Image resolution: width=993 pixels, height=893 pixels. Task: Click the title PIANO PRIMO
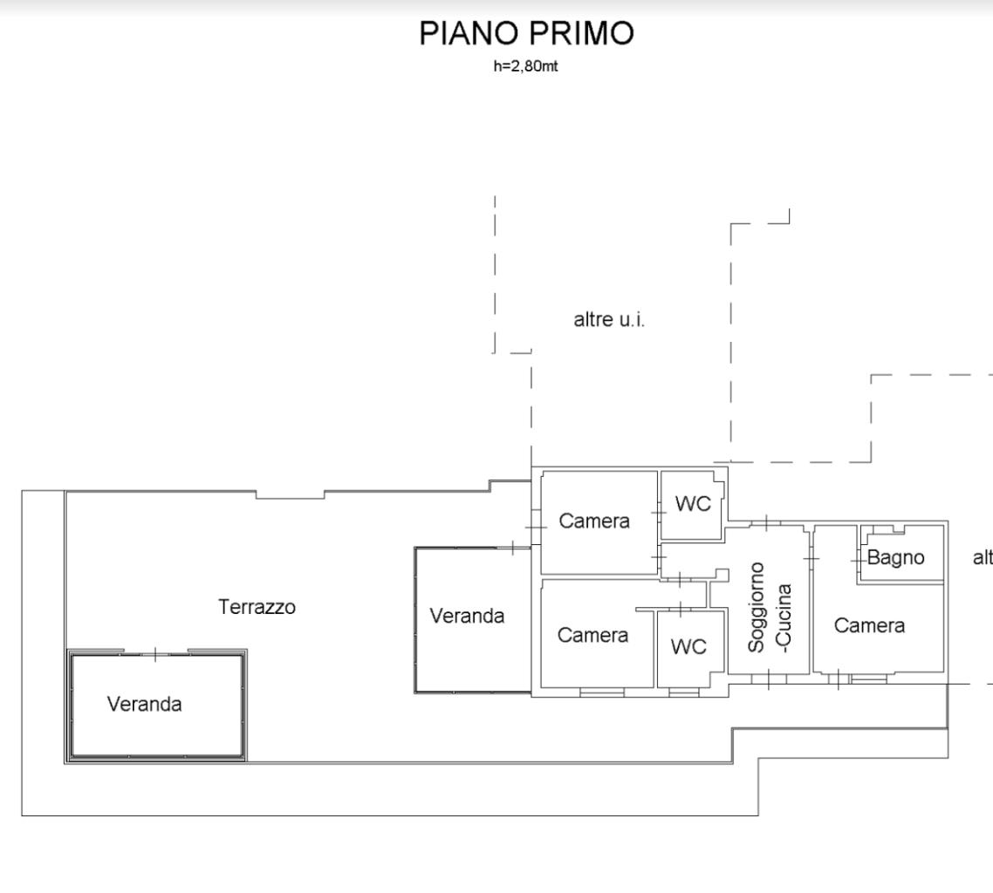point(526,34)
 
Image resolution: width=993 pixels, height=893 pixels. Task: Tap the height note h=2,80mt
point(525,66)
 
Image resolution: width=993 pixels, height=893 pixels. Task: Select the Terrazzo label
point(257,607)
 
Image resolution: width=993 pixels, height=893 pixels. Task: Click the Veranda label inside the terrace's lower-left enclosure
point(145,704)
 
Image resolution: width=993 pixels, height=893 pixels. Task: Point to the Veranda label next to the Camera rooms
point(467,616)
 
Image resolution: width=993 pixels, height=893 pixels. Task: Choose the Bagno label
point(895,557)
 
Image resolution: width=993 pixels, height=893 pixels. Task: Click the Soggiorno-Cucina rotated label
point(770,606)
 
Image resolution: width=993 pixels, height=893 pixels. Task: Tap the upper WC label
point(692,504)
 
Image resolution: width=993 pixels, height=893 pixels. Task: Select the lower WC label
point(688,646)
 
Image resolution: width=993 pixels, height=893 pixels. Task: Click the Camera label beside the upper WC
point(594,521)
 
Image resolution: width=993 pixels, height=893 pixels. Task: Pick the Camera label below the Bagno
point(869,625)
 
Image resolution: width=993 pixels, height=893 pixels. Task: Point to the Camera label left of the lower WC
point(592,635)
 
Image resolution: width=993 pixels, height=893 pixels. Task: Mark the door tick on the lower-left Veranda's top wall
point(155,653)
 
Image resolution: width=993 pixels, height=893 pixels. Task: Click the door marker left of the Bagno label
point(857,557)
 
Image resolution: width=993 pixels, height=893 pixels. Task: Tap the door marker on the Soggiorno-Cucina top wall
point(765,522)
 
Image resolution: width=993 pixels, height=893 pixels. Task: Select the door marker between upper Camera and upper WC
point(659,512)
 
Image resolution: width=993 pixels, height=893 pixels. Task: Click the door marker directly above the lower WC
point(680,609)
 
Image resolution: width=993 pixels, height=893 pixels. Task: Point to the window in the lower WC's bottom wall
point(684,692)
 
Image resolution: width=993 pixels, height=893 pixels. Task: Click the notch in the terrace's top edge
point(290,495)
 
